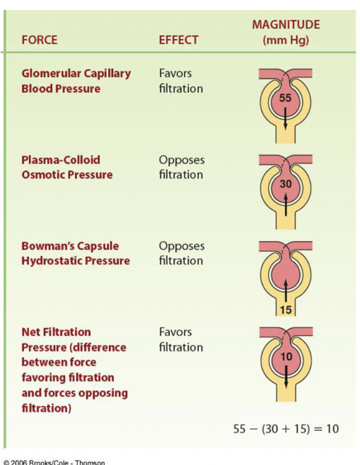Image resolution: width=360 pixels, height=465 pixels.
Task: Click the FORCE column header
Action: (39, 40)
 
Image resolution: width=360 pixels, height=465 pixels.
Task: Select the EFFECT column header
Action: (178, 40)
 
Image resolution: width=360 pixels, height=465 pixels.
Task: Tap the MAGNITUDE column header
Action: (286, 24)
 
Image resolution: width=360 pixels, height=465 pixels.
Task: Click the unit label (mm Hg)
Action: (286, 40)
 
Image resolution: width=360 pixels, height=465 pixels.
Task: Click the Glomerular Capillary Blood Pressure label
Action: (76, 81)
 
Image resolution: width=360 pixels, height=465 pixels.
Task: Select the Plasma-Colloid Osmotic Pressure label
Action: (66, 167)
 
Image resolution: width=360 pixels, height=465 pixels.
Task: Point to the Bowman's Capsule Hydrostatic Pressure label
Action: (75, 253)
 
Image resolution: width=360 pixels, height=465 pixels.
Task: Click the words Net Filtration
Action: (56, 332)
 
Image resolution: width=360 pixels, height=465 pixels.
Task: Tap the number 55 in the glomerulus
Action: (285, 98)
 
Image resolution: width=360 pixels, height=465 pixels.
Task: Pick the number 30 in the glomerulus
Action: (285, 184)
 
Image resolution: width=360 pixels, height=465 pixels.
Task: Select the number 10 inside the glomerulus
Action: (285, 357)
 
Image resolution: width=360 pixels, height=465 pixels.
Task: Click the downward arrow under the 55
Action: (285, 117)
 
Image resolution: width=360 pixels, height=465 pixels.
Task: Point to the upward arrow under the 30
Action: (285, 203)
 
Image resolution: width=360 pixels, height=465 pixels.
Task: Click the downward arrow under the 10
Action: (285, 376)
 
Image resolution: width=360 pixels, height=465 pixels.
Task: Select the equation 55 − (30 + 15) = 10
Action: (286, 428)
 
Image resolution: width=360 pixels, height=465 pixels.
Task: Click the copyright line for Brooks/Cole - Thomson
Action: (54, 462)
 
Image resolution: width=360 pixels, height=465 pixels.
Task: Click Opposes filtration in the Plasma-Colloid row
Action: (182, 167)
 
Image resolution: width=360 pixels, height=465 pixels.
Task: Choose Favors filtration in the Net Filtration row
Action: (181, 339)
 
